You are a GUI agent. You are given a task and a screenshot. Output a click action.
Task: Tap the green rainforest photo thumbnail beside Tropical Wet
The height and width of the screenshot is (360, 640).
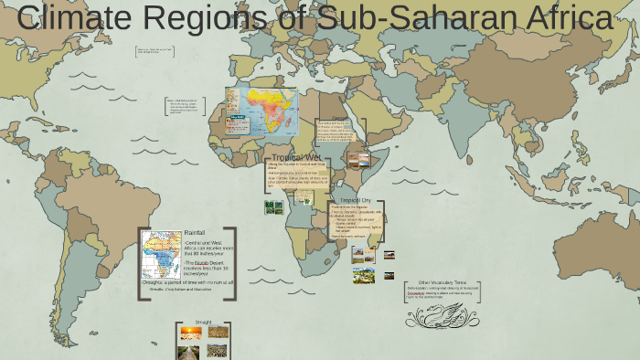click(x=273, y=207)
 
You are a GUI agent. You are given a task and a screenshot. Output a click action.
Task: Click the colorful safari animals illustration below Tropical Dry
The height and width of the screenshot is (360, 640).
click(x=364, y=274)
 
